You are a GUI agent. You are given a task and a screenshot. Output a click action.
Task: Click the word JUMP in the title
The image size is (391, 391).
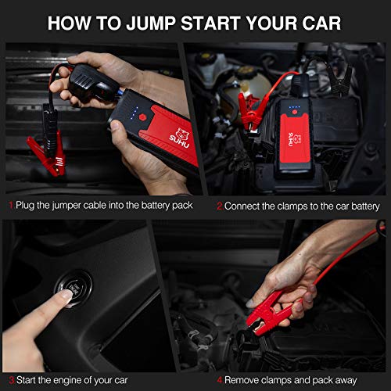point(151,23)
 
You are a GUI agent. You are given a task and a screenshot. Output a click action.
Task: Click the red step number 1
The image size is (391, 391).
point(11,205)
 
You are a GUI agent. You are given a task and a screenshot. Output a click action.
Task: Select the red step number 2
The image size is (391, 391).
point(220,206)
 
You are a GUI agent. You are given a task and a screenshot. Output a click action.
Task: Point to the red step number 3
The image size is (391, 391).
point(12,380)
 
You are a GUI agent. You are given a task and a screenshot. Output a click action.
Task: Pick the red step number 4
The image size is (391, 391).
point(220,380)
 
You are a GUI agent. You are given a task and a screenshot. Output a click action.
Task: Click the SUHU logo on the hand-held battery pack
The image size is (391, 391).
point(181,138)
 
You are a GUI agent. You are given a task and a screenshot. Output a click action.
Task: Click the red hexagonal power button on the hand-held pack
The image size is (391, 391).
point(142,117)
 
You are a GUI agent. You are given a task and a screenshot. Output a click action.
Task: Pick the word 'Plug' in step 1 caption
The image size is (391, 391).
point(25,206)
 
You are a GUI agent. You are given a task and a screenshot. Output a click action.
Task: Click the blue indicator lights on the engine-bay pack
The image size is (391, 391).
point(295,107)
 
